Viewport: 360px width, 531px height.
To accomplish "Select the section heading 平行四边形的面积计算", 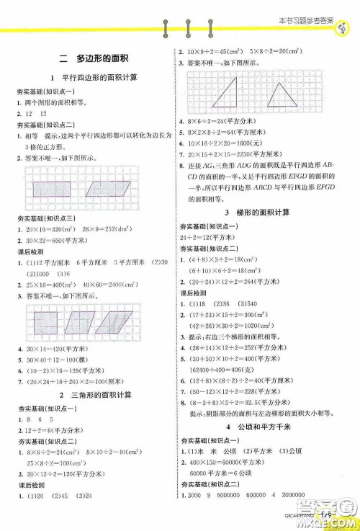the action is point(99,77).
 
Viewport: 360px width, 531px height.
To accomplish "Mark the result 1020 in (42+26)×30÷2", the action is point(246,326).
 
